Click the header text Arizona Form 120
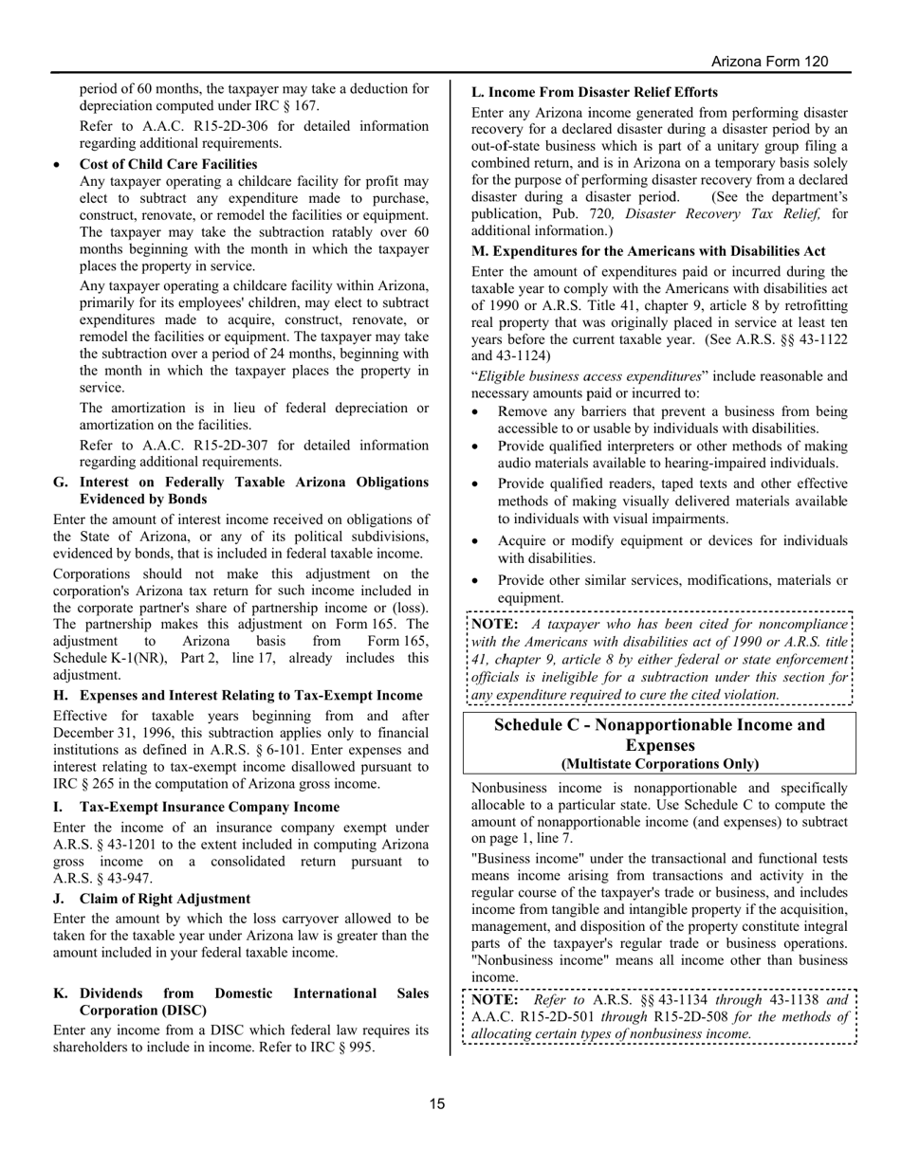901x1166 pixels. (x=769, y=62)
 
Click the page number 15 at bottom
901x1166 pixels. (x=437, y=1103)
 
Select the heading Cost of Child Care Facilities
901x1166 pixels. (x=168, y=164)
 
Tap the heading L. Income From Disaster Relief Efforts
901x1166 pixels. (x=594, y=93)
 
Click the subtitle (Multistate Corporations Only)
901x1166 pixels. (x=659, y=764)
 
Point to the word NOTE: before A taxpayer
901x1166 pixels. (x=494, y=625)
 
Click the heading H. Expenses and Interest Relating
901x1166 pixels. (x=237, y=696)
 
